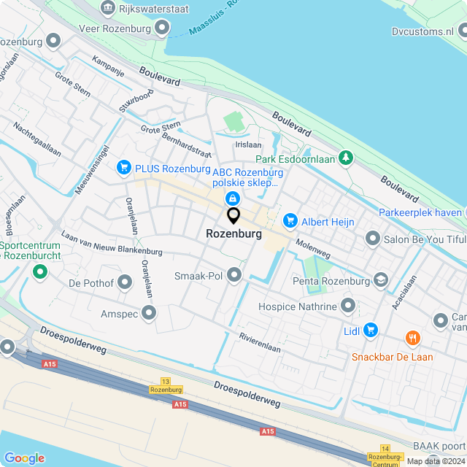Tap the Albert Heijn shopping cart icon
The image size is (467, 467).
pos(290,220)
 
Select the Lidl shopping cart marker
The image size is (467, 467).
pos(371,330)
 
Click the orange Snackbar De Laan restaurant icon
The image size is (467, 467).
pos(413,338)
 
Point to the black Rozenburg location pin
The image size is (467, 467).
pos(233,216)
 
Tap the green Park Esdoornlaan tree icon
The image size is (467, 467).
pos(345,158)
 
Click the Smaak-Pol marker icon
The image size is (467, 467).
pos(234,275)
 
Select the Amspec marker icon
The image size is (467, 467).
pos(150,314)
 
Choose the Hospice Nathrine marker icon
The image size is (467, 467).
pos(347,304)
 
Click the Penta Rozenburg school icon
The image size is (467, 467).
pos(380,280)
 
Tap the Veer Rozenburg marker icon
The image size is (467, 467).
pos(161,28)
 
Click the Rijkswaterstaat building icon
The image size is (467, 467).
pos(108,8)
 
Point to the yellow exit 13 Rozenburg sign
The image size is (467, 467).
pos(166,386)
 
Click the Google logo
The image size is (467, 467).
pos(24,458)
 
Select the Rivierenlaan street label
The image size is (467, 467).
pos(260,343)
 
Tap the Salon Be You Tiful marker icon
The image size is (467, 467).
pos(373,239)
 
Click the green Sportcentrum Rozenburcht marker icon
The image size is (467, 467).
pos(39,273)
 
